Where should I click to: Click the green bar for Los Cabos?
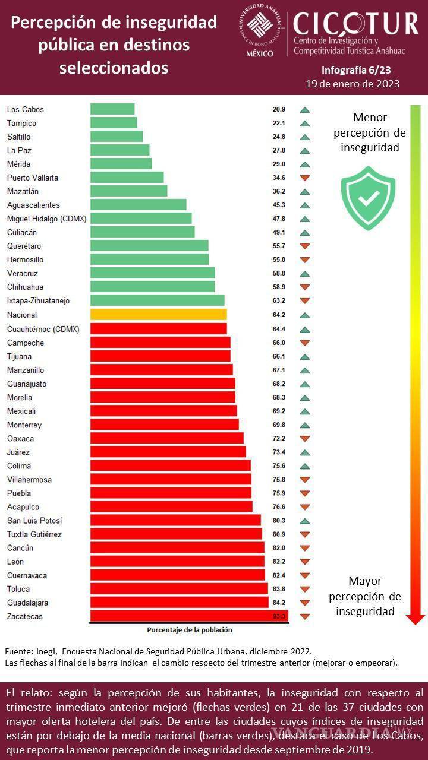pos(112,109)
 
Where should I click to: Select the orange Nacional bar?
pos(158,315)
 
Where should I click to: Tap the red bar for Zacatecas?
pos(189,616)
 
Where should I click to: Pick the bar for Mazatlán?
pos(128,191)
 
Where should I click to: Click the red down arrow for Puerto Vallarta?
pos(305,178)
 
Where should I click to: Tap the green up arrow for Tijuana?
pos(305,356)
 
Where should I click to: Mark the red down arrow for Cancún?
pos(305,549)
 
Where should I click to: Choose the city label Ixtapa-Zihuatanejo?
pos(38,301)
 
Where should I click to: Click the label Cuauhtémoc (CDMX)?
pos(43,328)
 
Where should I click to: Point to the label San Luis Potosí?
pos(34,521)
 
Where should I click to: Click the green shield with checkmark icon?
pos(368,198)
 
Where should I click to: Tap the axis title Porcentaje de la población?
pos(190,630)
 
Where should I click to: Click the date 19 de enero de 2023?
pos(353,84)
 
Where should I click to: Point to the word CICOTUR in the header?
pos(355,24)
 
